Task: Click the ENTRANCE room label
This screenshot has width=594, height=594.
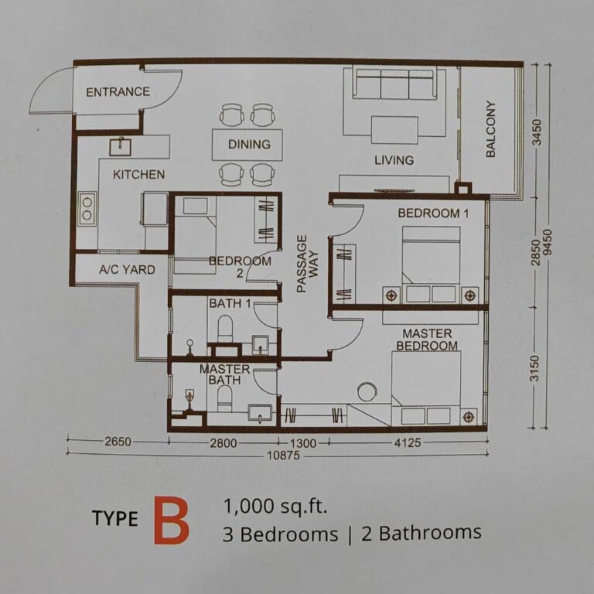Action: (x=118, y=92)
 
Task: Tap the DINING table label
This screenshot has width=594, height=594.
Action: (x=249, y=145)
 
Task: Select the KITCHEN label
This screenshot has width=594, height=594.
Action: (x=138, y=175)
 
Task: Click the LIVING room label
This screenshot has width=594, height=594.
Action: (x=394, y=161)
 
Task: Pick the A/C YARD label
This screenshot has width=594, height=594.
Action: (x=127, y=270)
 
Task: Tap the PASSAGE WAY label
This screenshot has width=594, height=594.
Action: (x=307, y=263)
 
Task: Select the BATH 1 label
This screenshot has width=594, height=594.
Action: (x=229, y=304)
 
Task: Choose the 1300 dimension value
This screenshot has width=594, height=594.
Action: (x=302, y=443)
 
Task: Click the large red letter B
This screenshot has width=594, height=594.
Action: (x=170, y=522)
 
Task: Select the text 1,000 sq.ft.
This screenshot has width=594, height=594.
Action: (x=275, y=507)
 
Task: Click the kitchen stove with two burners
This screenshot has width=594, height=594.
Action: (x=87, y=208)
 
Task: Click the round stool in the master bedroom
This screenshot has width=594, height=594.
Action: (x=367, y=392)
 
